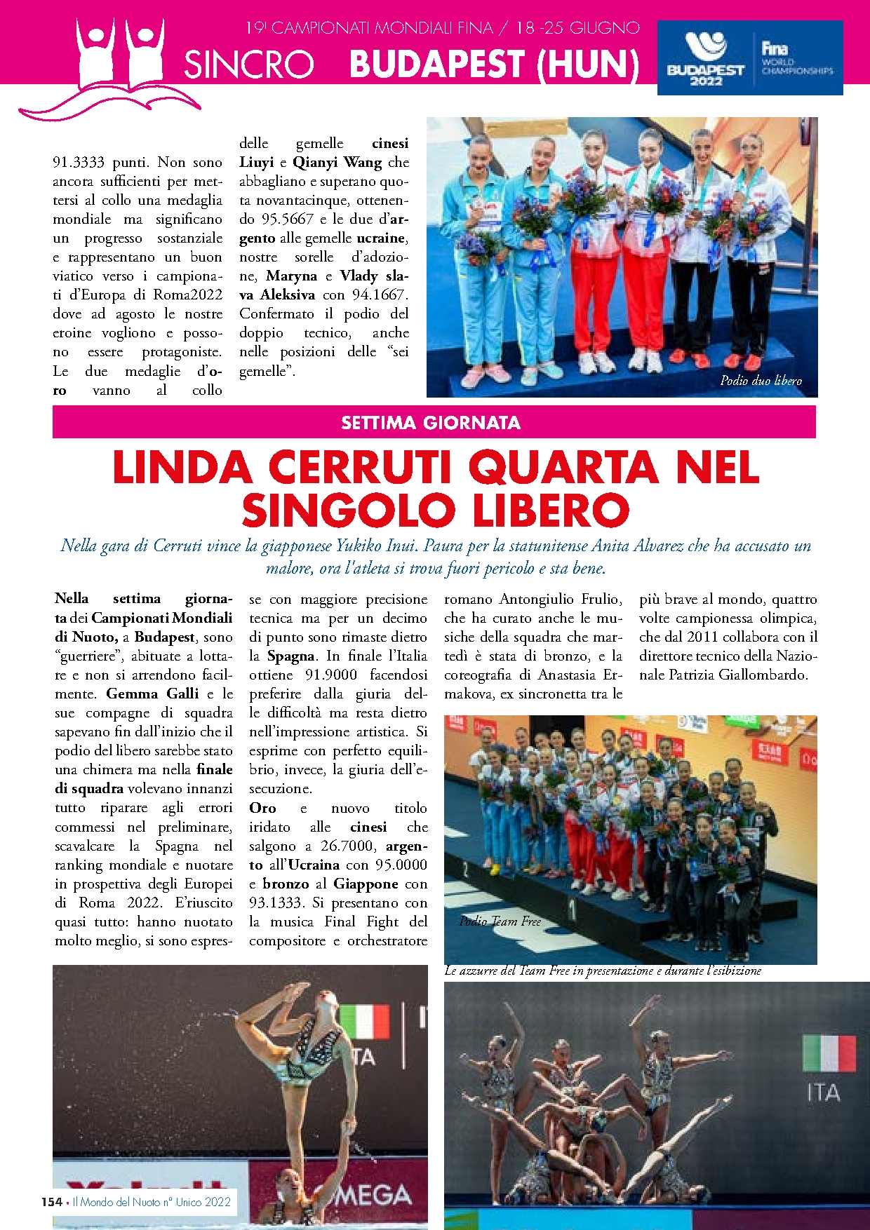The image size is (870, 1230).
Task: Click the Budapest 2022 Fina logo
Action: [749, 58]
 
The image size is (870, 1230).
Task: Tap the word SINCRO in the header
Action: [248, 65]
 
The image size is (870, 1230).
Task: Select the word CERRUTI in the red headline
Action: [358, 468]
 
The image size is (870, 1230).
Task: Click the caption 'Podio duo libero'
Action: [761, 381]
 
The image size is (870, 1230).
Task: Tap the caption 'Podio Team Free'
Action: [500, 921]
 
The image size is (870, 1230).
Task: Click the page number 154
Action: [51, 1202]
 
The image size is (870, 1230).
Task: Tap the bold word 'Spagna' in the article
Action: [290, 656]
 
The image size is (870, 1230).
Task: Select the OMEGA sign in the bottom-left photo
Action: [371, 1196]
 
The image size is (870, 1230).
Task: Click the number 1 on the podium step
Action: [572, 910]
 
